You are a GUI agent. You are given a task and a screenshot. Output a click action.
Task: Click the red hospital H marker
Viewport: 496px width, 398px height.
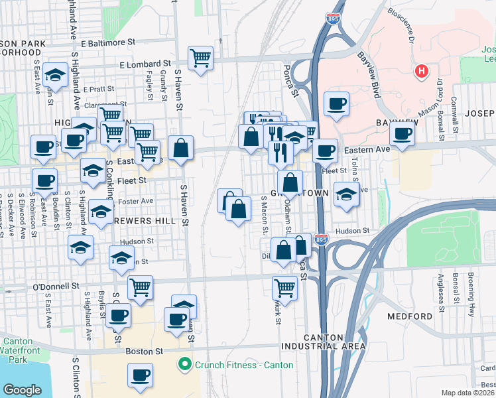click(x=420, y=71)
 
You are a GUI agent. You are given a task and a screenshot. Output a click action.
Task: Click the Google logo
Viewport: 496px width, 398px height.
click(x=23, y=390)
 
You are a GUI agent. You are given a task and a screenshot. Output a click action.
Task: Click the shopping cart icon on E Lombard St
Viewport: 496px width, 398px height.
click(x=200, y=57)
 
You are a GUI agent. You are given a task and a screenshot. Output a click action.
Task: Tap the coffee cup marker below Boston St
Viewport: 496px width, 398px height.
click(x=140, y=375)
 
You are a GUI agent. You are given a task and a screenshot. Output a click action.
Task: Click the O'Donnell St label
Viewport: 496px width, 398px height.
click(x=56, y=287)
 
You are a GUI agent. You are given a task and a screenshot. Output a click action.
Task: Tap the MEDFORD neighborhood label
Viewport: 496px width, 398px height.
click(x=409, y=316)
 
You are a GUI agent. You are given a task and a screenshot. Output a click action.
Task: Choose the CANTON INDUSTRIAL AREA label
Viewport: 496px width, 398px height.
click(x=334, y=342)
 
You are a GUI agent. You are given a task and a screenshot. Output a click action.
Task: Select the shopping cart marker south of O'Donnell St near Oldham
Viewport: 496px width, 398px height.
click(x=284, y=287)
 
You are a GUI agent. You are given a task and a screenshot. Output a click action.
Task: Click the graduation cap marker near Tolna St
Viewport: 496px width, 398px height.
click(x=345, y=194)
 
